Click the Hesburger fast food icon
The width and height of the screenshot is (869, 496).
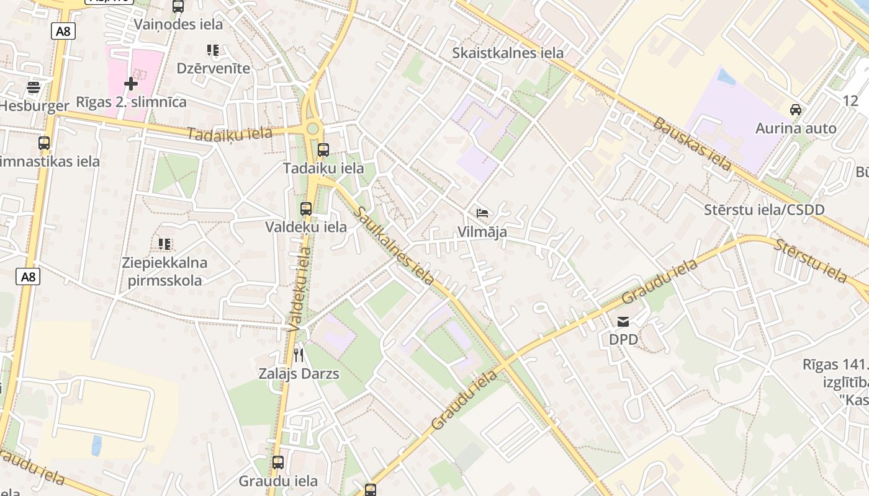[34, 87]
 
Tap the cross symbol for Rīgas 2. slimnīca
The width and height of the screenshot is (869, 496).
[130, 83]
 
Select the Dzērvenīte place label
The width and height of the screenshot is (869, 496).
[214, 68]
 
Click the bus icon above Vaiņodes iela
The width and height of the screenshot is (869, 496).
[178, 7]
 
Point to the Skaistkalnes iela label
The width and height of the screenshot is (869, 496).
[508, 53]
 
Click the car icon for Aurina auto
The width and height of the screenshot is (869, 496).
[795, 110]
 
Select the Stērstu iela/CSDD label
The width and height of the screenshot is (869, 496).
[764, 210]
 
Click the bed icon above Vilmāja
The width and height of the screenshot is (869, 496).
[482, 213]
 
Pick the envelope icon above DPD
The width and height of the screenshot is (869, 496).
[623, 322]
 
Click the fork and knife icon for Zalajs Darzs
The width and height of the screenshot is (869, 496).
[299, 355]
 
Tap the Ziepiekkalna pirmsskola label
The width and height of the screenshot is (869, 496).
[164, 272]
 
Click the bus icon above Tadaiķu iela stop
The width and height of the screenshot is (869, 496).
[323, 149]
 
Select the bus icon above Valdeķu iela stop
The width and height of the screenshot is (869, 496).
[305, 209]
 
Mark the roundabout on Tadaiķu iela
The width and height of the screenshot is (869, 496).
[312, 129]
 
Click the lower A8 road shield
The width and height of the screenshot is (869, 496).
[28, 277]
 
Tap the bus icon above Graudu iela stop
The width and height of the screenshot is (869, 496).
[277, 462]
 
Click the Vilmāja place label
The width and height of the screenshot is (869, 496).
[482, 232]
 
